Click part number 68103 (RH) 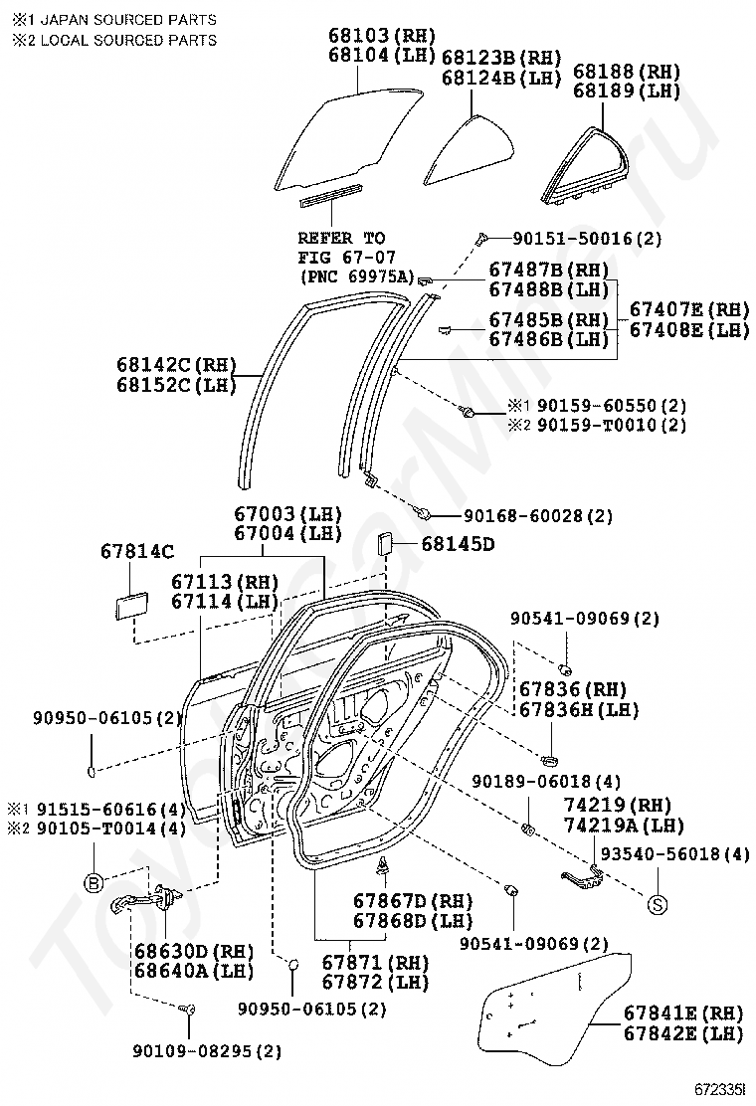[x=382, y=35]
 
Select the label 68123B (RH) [x=501, y=57]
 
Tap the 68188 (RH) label [x=627, y=72]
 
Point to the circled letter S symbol [x=658, y=903]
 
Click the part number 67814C [x=137, y=552]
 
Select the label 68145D [x=458, y=544]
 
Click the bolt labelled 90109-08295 [x=187, y=1011]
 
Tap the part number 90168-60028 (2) [x=538, y=516]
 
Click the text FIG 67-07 [x=347, y=258]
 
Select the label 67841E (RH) [x=682, y=1014]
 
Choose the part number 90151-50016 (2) [x=588, y=239]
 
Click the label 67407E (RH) [x=689, y=309]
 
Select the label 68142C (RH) [x=176, y=365]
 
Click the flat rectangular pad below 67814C [x=131, y=605]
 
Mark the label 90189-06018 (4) [x=546, y=782]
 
